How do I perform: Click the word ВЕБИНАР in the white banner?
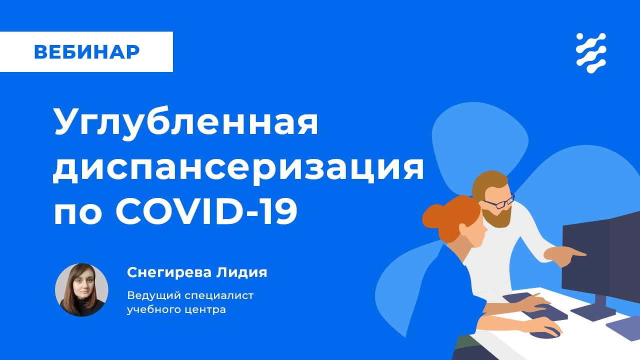coord(86,51)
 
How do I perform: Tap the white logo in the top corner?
coord(591,53)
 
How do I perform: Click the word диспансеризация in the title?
coord(238,168)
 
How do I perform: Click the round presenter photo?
coord(81,290)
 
